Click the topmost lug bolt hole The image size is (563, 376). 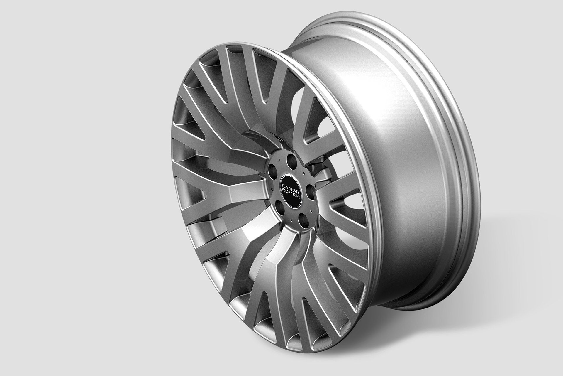291,161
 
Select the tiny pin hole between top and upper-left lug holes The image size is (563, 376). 279,161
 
